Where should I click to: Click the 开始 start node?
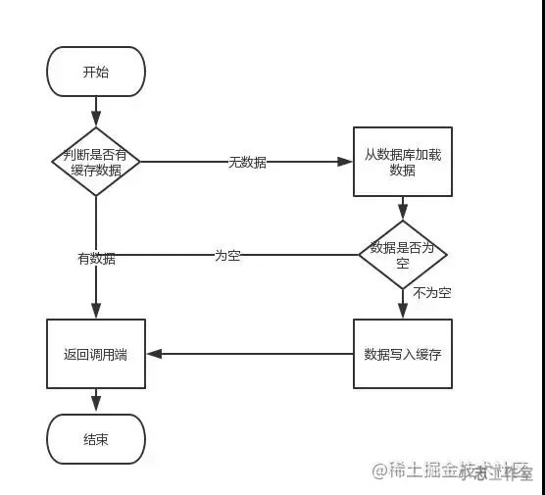click(x=96, y=73)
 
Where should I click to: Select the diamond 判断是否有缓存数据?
click(x=96, y=162)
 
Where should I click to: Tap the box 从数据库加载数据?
click(x=402, y=162)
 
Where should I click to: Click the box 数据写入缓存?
click(x=402, y=354)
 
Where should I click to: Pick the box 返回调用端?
click(x=96, y=354)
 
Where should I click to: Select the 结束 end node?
click(x=96, y=438)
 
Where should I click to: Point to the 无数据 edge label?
click(x=247, y=162)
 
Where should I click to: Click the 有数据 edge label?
click(x=96, y=259)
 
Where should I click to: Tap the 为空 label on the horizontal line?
click(x=227, y=255)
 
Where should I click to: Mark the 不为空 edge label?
click(x=431, y=293)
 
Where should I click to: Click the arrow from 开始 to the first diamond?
click(x=96, y=112)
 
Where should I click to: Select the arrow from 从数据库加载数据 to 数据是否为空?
click(x=402, y=208)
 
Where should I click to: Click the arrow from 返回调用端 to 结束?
click(x=96, y=400)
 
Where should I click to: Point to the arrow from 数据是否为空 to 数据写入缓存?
click(x=402, y=304)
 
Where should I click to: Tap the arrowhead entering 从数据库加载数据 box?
click(x=347, y=162)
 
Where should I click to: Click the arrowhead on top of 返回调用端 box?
click(x=96, y=313)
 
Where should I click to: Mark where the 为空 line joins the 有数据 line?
click(x=96, y=255)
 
